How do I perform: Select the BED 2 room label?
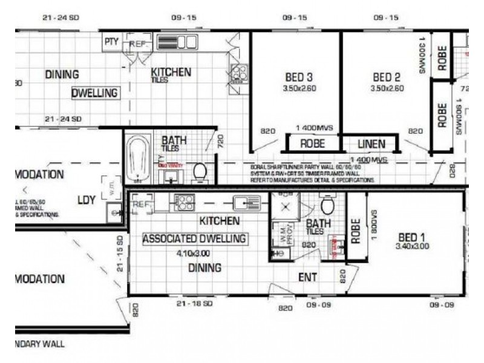click(387, 77)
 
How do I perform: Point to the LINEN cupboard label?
click(371, 144)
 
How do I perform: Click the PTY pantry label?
click(111, 42)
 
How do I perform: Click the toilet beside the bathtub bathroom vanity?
click(200, 172)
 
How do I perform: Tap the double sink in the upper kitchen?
click(177, 42)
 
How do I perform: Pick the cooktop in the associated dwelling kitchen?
click(185, 202)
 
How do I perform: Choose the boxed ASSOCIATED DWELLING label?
click(194, 238)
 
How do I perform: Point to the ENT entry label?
click(307, 277)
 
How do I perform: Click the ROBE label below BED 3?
click(312, 144)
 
